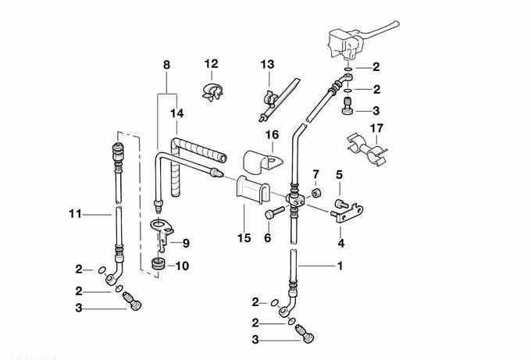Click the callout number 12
[212, 63]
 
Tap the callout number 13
[268, 63]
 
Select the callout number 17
[376, 128]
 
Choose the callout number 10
[182, 266]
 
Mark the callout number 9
[186, 243]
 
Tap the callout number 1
[340, 266]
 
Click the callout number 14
[179, 113]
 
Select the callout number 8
[166, 63]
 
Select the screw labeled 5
[340, 205]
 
